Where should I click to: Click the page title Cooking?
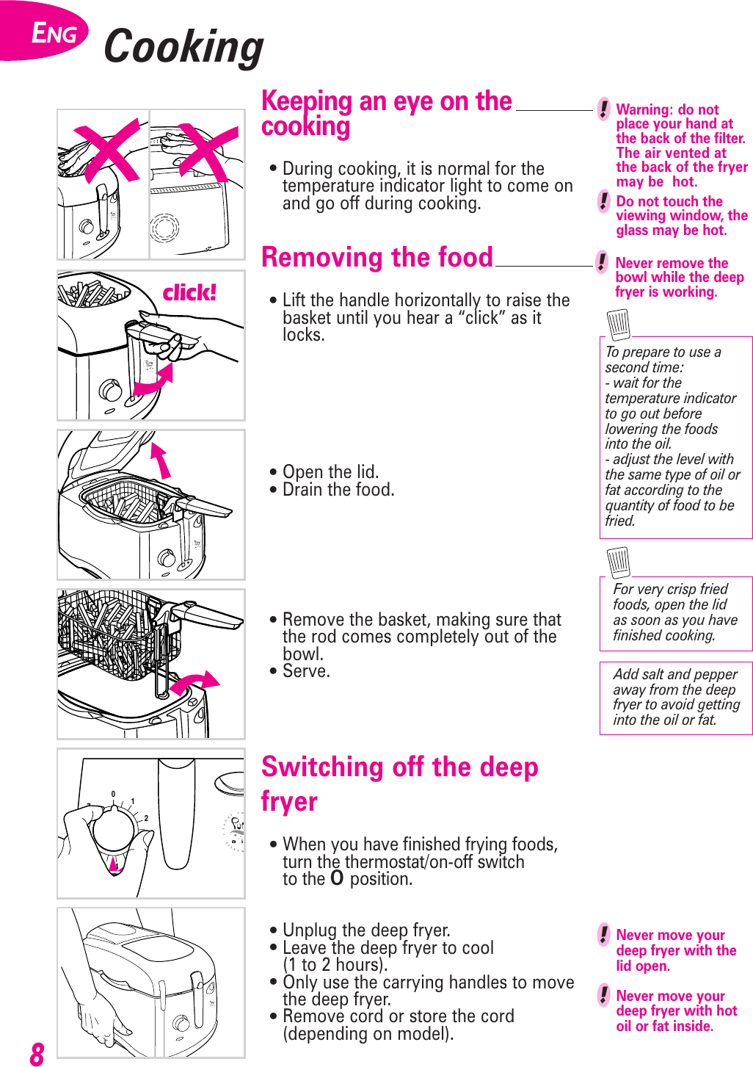[183, 47]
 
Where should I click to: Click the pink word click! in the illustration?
[189, 293]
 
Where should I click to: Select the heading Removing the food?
[377, 258]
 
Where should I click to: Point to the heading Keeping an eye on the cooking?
[386, 113]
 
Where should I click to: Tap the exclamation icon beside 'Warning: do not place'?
[603, 109]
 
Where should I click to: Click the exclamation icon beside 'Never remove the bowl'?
[602, 262]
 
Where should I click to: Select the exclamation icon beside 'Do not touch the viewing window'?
[603, 201]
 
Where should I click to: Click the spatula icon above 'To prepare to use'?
[619, 324]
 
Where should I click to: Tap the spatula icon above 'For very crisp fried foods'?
[619, 563]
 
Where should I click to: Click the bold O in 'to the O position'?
[337, 878]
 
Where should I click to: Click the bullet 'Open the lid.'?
[330, 472]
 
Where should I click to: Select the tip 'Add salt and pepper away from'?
[676, 697]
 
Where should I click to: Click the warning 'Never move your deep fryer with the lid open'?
[675, 950]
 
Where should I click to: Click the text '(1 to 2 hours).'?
[335, 965]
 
